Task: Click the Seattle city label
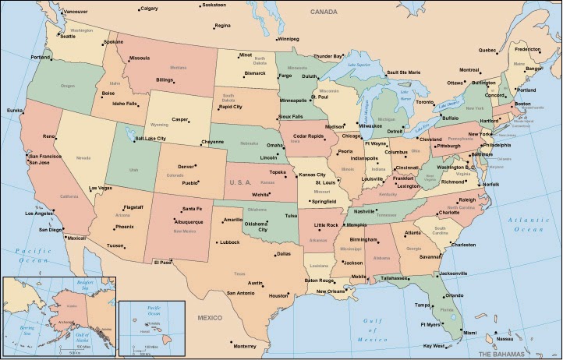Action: [x=67, y=36]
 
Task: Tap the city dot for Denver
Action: [x=196, y=166]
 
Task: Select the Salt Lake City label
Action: [x=151, y=138]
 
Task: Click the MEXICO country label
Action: [x=209, y=318]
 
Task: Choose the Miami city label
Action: [x=470, y=333]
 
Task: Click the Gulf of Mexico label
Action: [x=366, y=330]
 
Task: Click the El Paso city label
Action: [x=161, y=262]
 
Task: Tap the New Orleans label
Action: [x=331, y=291]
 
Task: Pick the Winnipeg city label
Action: [x=288, y=38]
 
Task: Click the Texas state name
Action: [x=239, y=274]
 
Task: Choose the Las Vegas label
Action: [x=100, y=188]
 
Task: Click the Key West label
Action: [x=433, y=345]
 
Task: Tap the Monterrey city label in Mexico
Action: [x=244, y=346]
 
